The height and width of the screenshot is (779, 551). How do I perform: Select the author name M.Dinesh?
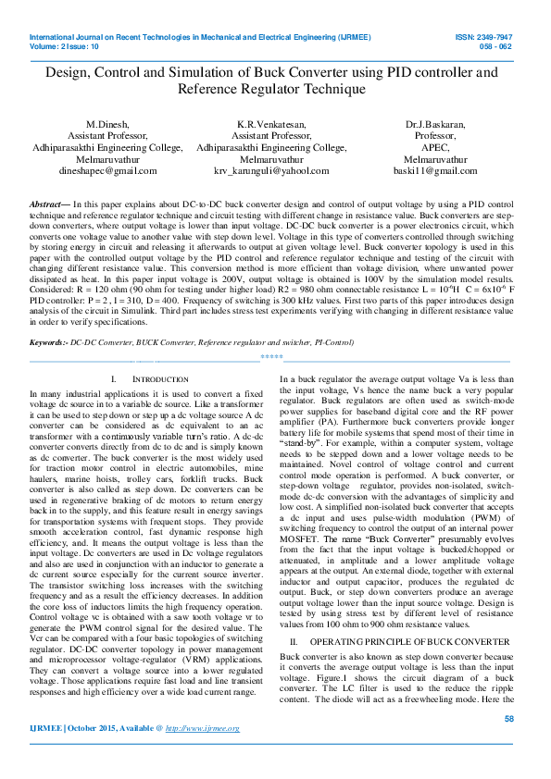click(x=107, y=123)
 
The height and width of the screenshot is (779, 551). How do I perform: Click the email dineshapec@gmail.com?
click(x=107, y=171)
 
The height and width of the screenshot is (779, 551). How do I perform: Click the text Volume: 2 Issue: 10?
click(x=64, y=45)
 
